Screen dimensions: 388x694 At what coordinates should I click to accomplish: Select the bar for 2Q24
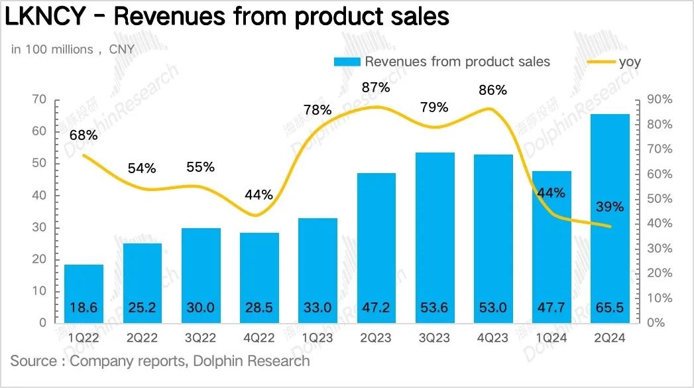click(610, 219)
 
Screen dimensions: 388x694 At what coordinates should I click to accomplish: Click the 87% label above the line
click(376, 88)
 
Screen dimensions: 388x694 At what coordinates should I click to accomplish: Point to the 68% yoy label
click(84, 135)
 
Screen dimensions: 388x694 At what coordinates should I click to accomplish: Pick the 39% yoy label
click(610, 206)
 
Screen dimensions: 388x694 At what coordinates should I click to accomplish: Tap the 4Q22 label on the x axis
click(259, 338)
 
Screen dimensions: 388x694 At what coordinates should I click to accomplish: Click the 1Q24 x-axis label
click(551, 338)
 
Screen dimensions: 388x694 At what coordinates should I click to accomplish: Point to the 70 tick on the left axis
click(39, 99)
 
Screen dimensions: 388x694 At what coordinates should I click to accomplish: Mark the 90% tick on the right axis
click(660, 99)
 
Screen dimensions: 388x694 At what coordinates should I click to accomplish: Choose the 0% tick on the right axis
click(657, 323)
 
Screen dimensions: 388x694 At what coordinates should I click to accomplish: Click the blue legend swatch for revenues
click(347, 62)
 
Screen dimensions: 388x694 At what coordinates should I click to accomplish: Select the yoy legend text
click(630, 62)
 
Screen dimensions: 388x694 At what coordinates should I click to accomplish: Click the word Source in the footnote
click(32, 361)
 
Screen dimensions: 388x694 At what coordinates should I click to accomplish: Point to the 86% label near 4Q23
click(492, 90)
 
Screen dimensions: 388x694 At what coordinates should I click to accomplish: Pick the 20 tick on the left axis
click(39, 259)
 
